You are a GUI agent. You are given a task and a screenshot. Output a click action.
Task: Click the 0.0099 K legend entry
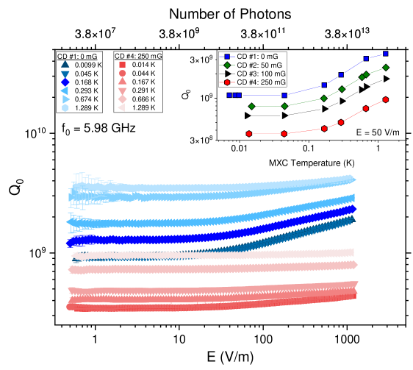click(x=81, y=65)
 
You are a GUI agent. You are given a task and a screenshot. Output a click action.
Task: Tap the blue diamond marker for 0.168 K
click(x=65, y=82)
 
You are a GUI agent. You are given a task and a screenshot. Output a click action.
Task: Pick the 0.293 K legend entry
click(x=81, y=90)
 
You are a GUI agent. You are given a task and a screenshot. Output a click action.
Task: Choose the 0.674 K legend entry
click(x=81, y=99)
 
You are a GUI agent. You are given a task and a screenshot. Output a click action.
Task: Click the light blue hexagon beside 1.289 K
click(x=65, y=107)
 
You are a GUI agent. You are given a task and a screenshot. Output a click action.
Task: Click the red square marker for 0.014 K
click(x=123, y=65)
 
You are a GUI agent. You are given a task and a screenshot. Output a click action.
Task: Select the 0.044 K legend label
click(x=143, y=74)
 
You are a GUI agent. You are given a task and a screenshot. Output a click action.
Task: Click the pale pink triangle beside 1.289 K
click(x=123, y=107)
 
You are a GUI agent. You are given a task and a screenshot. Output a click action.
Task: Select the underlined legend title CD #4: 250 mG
click(x=138, y=56)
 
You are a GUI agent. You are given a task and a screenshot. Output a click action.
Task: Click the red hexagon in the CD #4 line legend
click(x=228, y=82)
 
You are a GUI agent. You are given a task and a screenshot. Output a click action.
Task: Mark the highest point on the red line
click(x=386, y=99)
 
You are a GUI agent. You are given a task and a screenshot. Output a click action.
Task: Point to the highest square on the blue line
click(x=386, y=54)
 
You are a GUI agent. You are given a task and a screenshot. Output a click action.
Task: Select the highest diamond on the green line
click(x=386, y=68)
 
